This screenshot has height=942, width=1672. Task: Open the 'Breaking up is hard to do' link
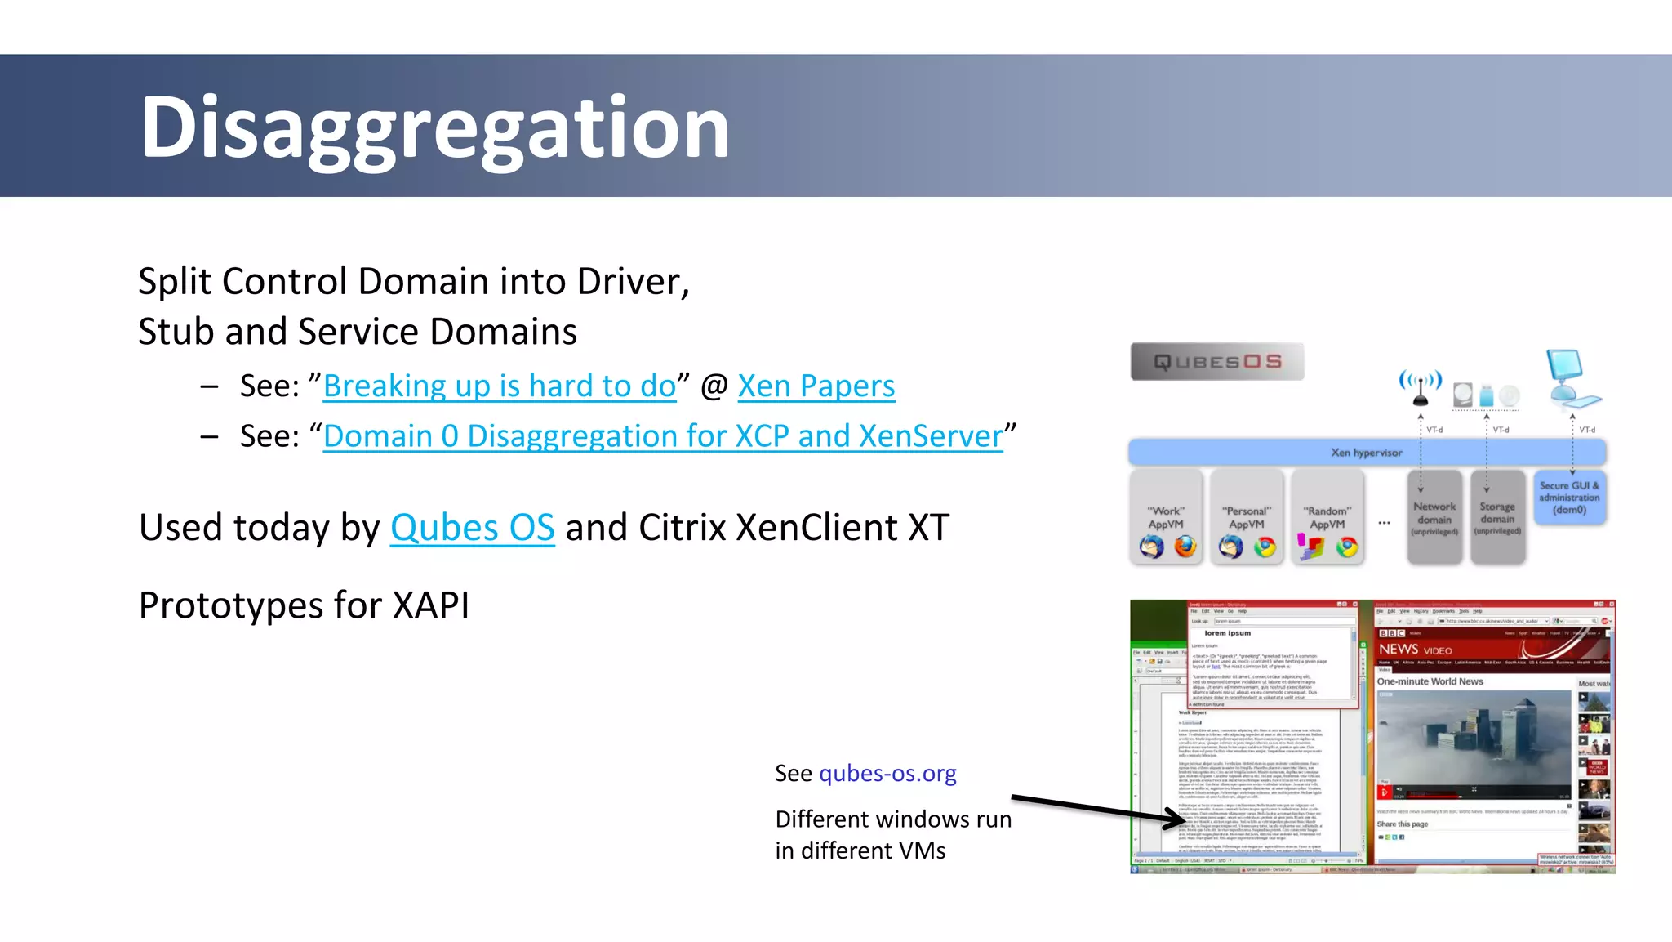(x=500, y=386)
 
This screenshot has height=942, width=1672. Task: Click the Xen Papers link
(x=816, y=386)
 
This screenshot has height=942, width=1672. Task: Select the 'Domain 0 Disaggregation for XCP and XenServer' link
(x=662, y=436)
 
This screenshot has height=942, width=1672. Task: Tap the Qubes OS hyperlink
(x=472, y=528)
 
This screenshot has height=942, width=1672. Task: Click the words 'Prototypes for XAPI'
(x=304, y=605)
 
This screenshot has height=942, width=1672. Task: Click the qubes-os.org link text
(x=887, y=773)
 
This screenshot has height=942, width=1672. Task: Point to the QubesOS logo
(x=1216, y=361)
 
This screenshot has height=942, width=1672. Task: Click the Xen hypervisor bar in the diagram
(x=1367, y=452)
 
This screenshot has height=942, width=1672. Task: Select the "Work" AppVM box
(x=1166, y=517)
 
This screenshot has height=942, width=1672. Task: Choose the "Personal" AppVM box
(x=1246, y=517)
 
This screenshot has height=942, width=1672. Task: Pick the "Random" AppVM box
(x=1327, y=517)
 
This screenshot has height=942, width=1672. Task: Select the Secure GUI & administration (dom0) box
(x=1569, y=498)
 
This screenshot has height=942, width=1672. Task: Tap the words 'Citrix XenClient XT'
(x=794, y=528)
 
